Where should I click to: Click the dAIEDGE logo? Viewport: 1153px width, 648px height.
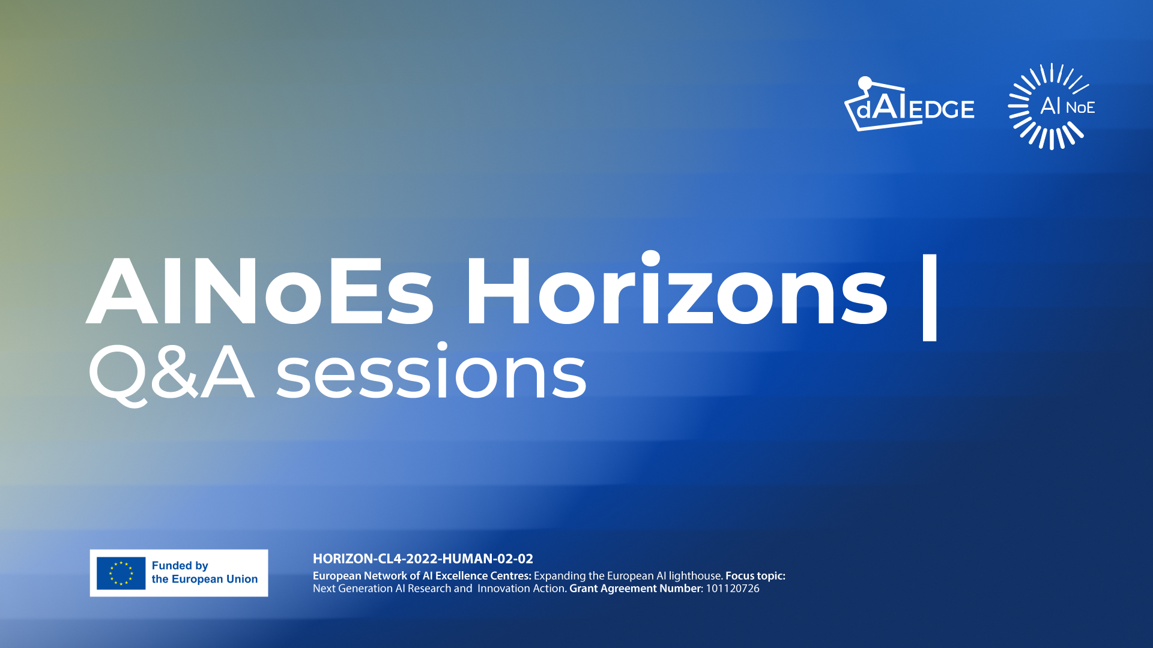(909, 104)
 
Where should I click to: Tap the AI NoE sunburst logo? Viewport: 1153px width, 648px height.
(1052, 106)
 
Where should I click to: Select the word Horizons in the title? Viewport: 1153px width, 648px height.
(676, 288)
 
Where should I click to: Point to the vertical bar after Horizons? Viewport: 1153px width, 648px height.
(930, 298)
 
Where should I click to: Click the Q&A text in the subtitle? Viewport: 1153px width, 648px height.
(171, 373)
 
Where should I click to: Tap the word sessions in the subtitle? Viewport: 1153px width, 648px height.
(431, 371)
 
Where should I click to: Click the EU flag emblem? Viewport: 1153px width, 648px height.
(121, 573)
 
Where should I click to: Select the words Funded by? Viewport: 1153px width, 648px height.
(180, 566)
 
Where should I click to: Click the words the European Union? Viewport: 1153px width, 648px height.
(205, 579)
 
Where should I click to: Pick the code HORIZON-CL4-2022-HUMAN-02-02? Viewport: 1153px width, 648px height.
(423, 559)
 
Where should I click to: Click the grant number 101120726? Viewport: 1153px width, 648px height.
(733, 589)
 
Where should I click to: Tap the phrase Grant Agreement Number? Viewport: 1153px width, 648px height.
(635, 589)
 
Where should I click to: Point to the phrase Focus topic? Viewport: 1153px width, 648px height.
(755, 576)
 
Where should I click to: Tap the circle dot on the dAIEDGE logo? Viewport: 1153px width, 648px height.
(865, 83)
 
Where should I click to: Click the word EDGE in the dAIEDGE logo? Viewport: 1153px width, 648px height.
(942, 110)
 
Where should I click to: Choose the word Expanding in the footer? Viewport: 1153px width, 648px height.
(559, 576)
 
